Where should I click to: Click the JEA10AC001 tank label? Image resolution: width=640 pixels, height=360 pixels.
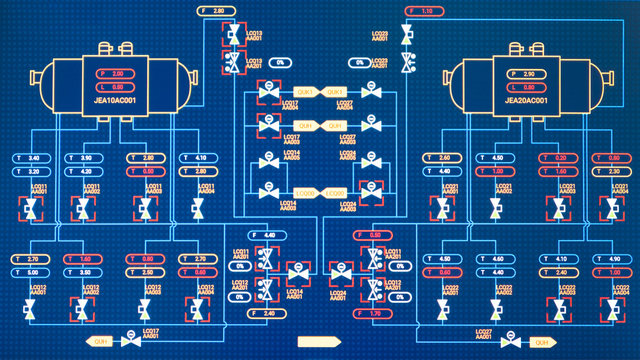[115, 100]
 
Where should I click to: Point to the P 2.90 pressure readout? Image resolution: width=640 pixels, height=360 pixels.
[529, 74]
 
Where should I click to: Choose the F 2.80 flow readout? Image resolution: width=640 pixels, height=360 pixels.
[213, 10]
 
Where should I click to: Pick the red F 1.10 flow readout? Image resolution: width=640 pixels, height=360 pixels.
[422, 10]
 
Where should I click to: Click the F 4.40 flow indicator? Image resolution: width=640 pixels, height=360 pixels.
[264, 235]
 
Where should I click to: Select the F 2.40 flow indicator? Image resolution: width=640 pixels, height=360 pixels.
[264, 314]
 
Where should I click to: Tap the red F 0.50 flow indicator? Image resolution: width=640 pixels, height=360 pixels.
[370, 235]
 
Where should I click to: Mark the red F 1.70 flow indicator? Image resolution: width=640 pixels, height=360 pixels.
[370, 314]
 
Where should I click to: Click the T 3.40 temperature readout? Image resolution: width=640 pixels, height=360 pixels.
[29, 158]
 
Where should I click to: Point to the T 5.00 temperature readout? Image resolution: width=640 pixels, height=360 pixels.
[29, 272]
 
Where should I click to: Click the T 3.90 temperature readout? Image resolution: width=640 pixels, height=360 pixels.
[82, 158]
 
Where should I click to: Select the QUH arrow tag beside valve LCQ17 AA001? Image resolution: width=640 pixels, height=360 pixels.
[99, 341]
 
